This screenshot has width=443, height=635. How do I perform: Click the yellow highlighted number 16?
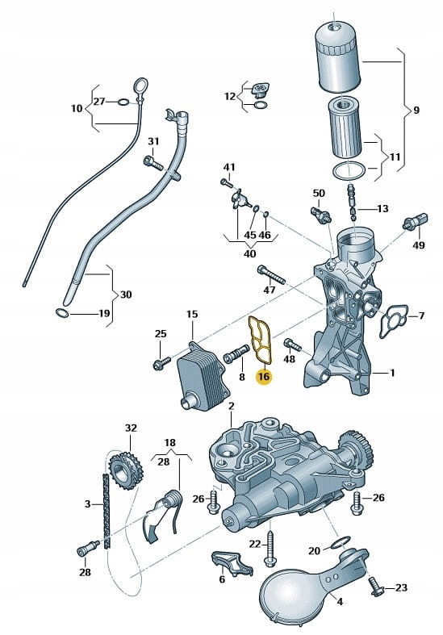[x=263, y=377]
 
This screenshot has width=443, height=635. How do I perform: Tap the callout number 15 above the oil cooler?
[x=192, y=314]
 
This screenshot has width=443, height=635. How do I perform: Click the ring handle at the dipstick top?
[x=140, y=86]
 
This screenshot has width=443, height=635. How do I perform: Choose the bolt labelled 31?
[x=153, y=163]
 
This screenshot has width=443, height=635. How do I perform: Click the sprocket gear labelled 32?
[x=127, y=470]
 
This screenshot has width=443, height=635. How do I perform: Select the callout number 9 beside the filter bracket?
[x=416, y=111]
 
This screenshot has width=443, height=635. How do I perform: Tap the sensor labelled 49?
[x=416, y=221]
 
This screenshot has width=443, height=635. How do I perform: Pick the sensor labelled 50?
[x=321, y=214]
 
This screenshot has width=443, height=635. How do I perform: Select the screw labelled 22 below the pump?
[x=269, y=548]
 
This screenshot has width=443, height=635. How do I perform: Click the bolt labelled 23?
[x=376, y=586]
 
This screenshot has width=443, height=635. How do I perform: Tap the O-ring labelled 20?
[x=341, y=543]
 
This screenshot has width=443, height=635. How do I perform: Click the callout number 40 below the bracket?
[x=250, y=254]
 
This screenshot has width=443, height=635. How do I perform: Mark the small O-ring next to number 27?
[x=123, y=101]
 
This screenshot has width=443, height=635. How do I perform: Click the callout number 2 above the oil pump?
[x=232, y=406]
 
